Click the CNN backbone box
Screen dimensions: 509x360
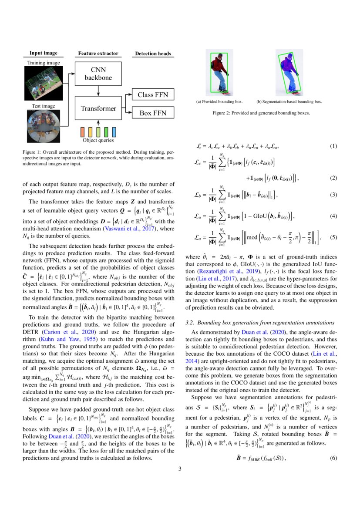pos(101,74)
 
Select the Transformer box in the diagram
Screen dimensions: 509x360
pos(98,109)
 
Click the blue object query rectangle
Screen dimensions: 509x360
pos(114,131)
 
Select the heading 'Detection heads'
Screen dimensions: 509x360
pos(153,54)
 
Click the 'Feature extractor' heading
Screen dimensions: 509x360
pos(98,54)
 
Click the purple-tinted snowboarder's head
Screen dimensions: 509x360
pos(288,57)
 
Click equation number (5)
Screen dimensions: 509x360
pos(333,238)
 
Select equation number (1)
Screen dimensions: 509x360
pos(333,146)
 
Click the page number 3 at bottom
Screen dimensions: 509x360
pos(180,469)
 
